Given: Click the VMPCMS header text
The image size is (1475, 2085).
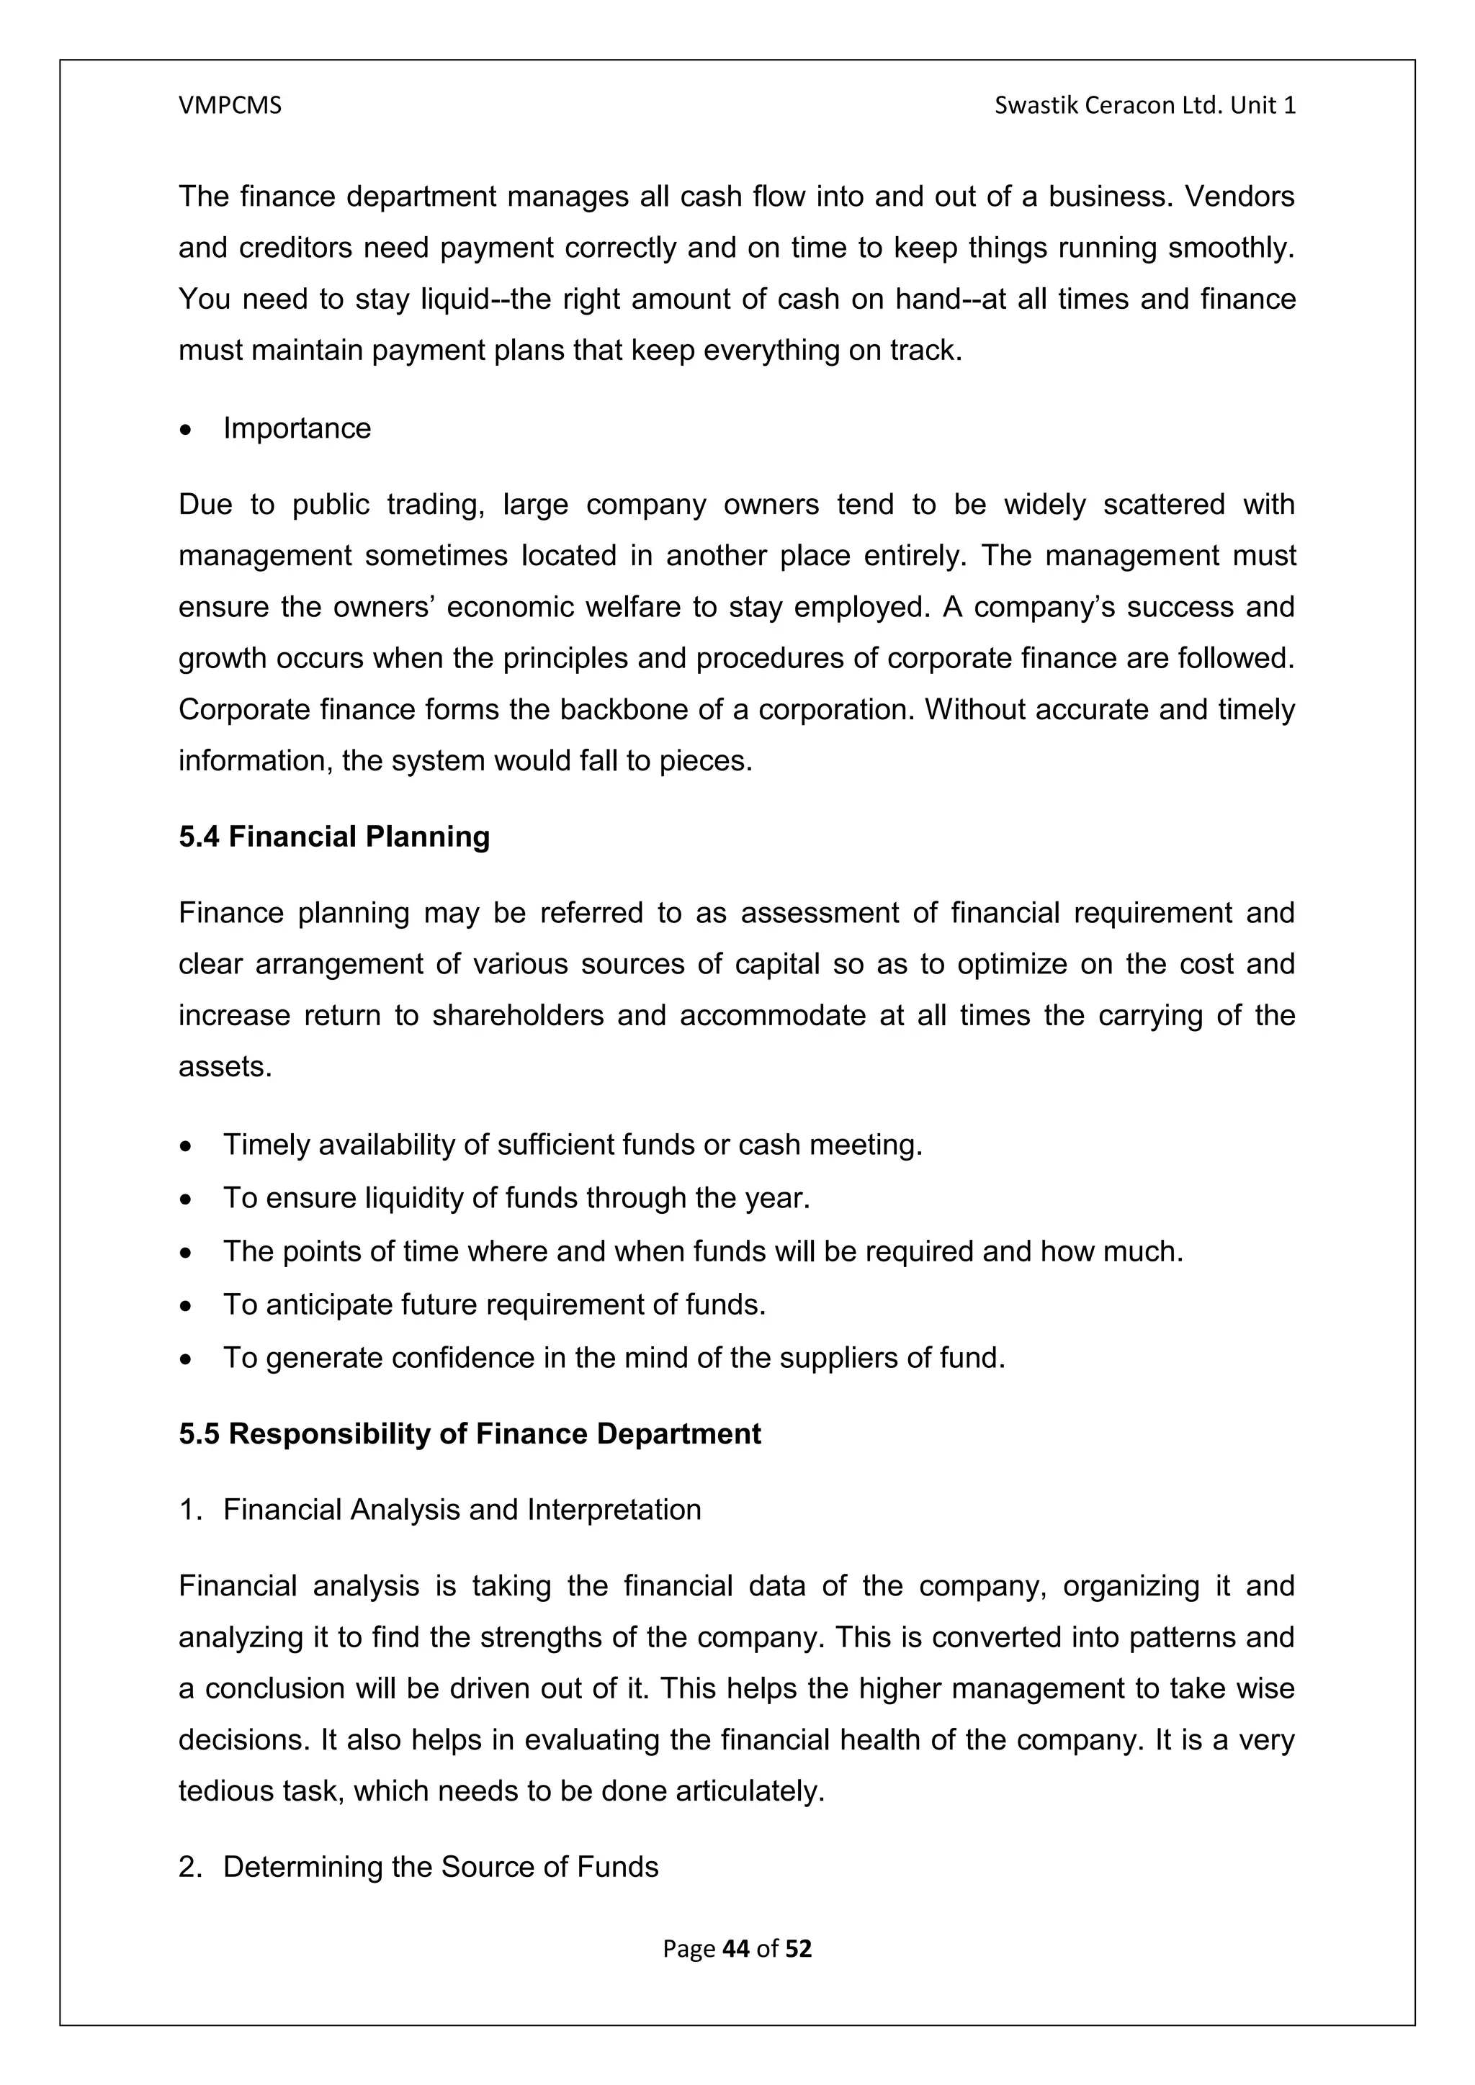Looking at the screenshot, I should tap(230, 107).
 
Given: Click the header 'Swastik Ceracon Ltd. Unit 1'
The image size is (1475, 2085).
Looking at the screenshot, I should tap(1144, 107).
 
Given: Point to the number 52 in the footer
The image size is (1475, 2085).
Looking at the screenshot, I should tap(798, 1949).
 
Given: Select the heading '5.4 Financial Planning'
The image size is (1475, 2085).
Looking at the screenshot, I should tap(333, 837).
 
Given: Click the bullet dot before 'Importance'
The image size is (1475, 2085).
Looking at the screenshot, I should tap(187, 431).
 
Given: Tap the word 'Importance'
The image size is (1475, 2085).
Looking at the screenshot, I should tap(297, 428).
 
